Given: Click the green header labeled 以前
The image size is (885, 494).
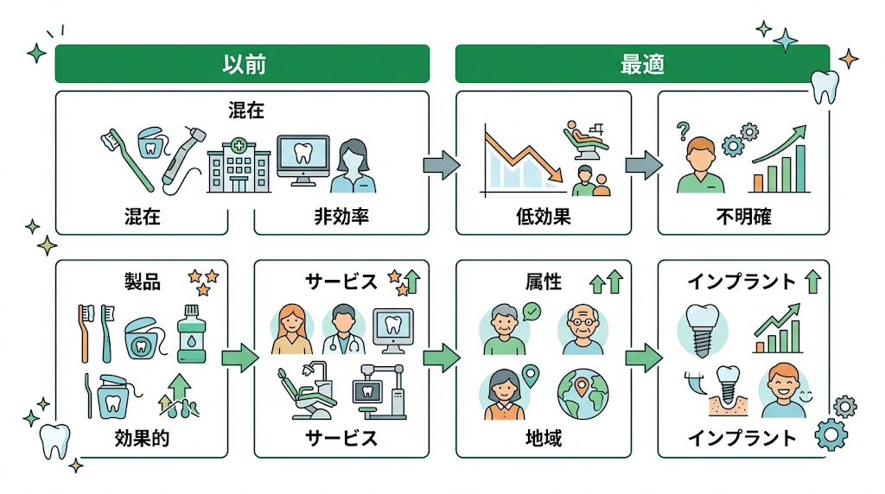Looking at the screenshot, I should tap(242, 64).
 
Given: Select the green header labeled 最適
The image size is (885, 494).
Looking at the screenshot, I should tap(642, 64).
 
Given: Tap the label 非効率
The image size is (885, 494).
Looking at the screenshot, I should tap(341, 216).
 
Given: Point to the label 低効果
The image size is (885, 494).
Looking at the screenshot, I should tap(544, 216).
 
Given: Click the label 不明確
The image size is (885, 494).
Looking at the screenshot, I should tap(743, 216).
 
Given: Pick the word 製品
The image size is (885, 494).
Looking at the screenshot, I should tap(143, 282).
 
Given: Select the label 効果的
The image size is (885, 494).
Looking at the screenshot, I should tap(142, 438).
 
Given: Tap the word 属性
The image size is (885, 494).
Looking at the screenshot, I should tap(544, 282).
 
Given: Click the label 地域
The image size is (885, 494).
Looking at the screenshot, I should tap(544, 438).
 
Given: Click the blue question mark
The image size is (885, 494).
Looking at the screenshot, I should tap(683, 130).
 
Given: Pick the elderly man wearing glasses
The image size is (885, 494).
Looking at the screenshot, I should tap(583, 329).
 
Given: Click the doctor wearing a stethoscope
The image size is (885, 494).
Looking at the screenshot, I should tap(343, 331).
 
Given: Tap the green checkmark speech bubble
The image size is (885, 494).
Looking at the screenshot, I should tap(531, 309).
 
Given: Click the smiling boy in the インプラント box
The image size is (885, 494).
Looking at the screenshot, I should tap(783, 391).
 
